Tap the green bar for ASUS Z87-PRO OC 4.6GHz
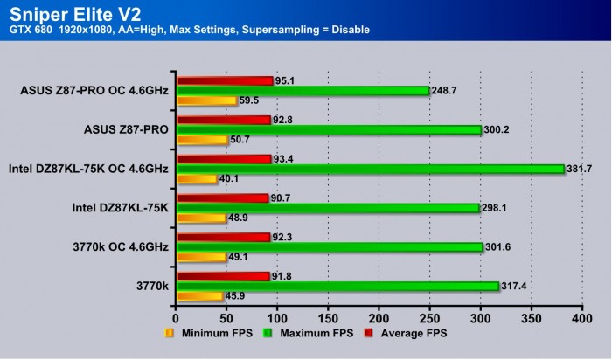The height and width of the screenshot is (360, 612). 303,90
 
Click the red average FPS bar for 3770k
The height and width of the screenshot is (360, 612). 223,276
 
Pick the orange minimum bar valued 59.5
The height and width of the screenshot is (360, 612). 206,100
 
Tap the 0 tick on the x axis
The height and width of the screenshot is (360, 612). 176,319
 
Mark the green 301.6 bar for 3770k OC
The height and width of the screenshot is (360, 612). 330,247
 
